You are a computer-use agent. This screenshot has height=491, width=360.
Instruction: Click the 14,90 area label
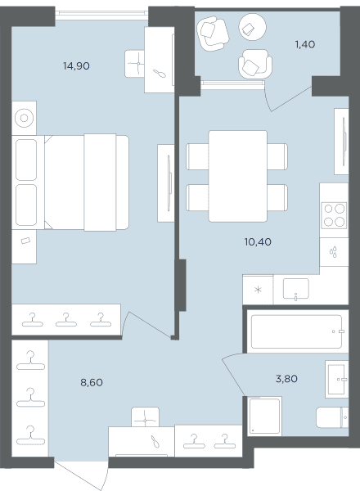pos(76,66)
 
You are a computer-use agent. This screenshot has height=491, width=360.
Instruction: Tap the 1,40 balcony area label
pos(305,44)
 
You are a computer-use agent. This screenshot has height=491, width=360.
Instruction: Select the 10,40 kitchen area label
pos(258,241)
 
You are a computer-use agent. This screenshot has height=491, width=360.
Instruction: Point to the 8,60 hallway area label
pos(92,382)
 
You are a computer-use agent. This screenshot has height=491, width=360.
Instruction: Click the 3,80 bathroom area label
pos(286,379)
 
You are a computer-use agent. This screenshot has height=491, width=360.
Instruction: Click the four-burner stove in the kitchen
pos(335,215)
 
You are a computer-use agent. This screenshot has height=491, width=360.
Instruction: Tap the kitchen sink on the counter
pos(296,288)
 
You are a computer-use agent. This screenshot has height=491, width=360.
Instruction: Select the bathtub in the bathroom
pos(296,331)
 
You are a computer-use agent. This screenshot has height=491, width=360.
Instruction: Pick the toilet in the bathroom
pos(332,417)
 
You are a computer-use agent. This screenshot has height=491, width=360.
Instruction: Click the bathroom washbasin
pos(336,379)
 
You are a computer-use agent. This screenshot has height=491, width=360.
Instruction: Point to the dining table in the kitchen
pos(238,176)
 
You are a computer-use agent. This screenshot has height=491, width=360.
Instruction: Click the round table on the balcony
pos(252,27)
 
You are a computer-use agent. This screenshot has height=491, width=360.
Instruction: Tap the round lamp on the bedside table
pos(24,118)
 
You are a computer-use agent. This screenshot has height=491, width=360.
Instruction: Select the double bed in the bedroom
pos(86,182)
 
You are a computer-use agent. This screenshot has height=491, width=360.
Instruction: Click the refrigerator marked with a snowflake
pos(258,290)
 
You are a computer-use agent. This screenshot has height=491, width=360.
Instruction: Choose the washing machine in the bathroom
pos(265,416)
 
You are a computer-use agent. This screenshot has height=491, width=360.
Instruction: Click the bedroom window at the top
pos(102,13)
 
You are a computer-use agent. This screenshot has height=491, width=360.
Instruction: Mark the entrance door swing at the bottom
pos(81,474)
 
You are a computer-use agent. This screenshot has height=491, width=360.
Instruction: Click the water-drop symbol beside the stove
pos(334,252)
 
